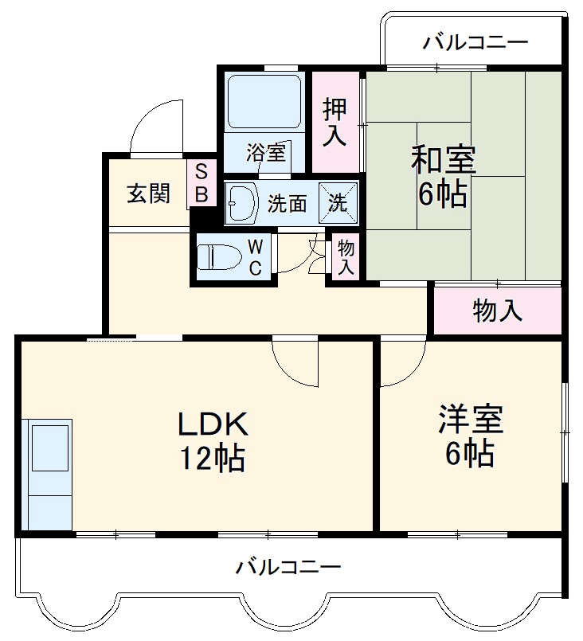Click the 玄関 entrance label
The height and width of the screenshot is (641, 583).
148,193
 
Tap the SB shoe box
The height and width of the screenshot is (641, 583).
201,182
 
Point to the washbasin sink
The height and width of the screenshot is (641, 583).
242,202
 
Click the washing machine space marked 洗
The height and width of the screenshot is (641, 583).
338,202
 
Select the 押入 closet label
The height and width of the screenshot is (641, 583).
335,122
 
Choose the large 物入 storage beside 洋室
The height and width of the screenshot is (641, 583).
498,311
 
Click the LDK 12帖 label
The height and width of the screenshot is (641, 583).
212,440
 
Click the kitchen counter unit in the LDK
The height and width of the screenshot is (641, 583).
49,474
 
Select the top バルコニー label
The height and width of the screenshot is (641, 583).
475,41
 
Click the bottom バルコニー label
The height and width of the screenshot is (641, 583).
288,568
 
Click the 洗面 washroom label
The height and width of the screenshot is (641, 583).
287,203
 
